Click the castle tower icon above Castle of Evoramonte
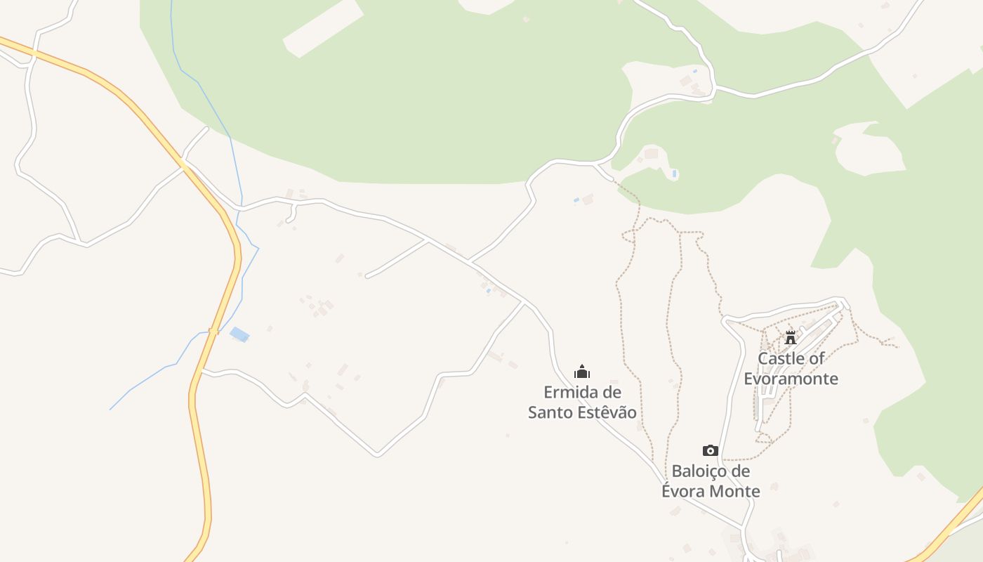pyautogui.click(x=791, y=338)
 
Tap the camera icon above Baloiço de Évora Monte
pyautogui.click(x=711, y=450)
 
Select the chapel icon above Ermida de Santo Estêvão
pyautogui.click(x=582, y=372)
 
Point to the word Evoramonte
pyautogui.click(x=791, y=379)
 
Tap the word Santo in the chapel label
pyautogui.click(x=550, y=412)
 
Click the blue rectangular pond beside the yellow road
pyautogui.click(x=239, y=334)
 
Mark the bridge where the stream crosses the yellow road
pyautogui.click(x=213, y=332)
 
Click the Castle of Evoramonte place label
pyautogui.click(x=791, y=369)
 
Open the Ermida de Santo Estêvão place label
pyautogui.click(x=582, y=402)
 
